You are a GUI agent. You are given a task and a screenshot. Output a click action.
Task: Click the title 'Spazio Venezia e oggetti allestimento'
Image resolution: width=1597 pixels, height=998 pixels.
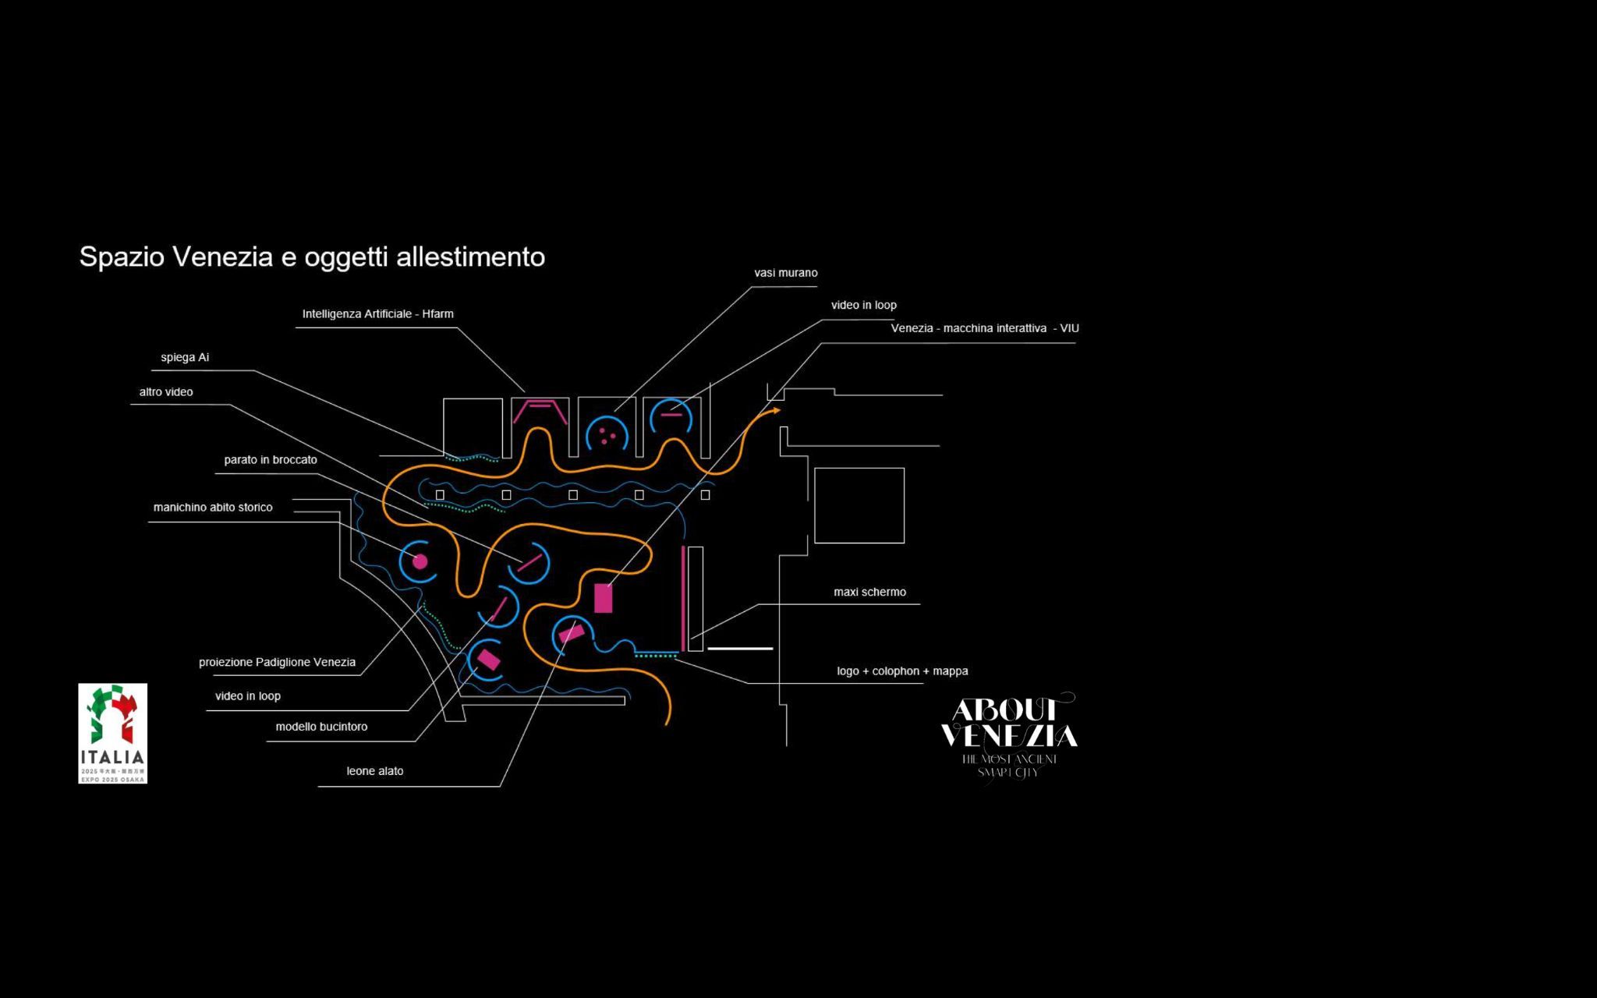click(312, 257)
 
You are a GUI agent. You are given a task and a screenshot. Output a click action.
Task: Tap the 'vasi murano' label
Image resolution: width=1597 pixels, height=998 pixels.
click(785, 273)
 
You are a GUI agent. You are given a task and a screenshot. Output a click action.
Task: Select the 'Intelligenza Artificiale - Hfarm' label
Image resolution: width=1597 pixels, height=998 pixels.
click(377, 314)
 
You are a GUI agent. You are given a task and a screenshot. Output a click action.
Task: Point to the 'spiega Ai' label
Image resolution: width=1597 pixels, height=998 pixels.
click(185, 358)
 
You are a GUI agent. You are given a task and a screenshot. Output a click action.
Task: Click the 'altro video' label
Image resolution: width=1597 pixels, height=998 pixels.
click(166, 392)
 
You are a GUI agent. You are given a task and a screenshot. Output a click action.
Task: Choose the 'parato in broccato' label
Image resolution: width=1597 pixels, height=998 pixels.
click(271, 460)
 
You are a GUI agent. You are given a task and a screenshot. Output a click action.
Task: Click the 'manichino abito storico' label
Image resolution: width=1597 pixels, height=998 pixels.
click(213, 508)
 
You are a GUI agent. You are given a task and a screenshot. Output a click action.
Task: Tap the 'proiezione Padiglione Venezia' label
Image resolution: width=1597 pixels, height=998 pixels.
click(277, 663)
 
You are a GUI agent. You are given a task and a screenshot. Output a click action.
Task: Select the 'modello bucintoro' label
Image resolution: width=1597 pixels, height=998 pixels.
click(321, 727)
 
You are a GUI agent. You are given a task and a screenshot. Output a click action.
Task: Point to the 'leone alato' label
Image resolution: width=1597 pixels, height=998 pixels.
click(375, 771)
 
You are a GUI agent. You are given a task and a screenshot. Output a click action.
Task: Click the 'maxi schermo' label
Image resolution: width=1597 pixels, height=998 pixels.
click(869, 593)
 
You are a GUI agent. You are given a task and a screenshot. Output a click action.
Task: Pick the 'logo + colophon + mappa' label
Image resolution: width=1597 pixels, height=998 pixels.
click(902, 671)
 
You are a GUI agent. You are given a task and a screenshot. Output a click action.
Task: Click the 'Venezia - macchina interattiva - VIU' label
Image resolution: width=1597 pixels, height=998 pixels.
click(985, 329)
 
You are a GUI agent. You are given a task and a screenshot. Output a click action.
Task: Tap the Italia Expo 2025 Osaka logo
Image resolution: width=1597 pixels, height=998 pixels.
click(112, 733)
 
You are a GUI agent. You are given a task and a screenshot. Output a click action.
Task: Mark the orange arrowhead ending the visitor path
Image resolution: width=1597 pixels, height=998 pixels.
click(776, 410)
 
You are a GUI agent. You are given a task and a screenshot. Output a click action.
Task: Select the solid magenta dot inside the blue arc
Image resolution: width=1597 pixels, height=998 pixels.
click(420, 561)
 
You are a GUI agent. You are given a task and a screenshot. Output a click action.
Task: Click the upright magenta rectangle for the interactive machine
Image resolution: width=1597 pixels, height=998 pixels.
click(603, 598)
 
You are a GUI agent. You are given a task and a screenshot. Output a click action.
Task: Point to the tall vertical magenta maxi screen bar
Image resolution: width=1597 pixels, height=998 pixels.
click(683, 598)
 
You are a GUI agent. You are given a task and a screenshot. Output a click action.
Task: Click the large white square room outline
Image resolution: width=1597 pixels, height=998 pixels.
click(859, 505)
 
